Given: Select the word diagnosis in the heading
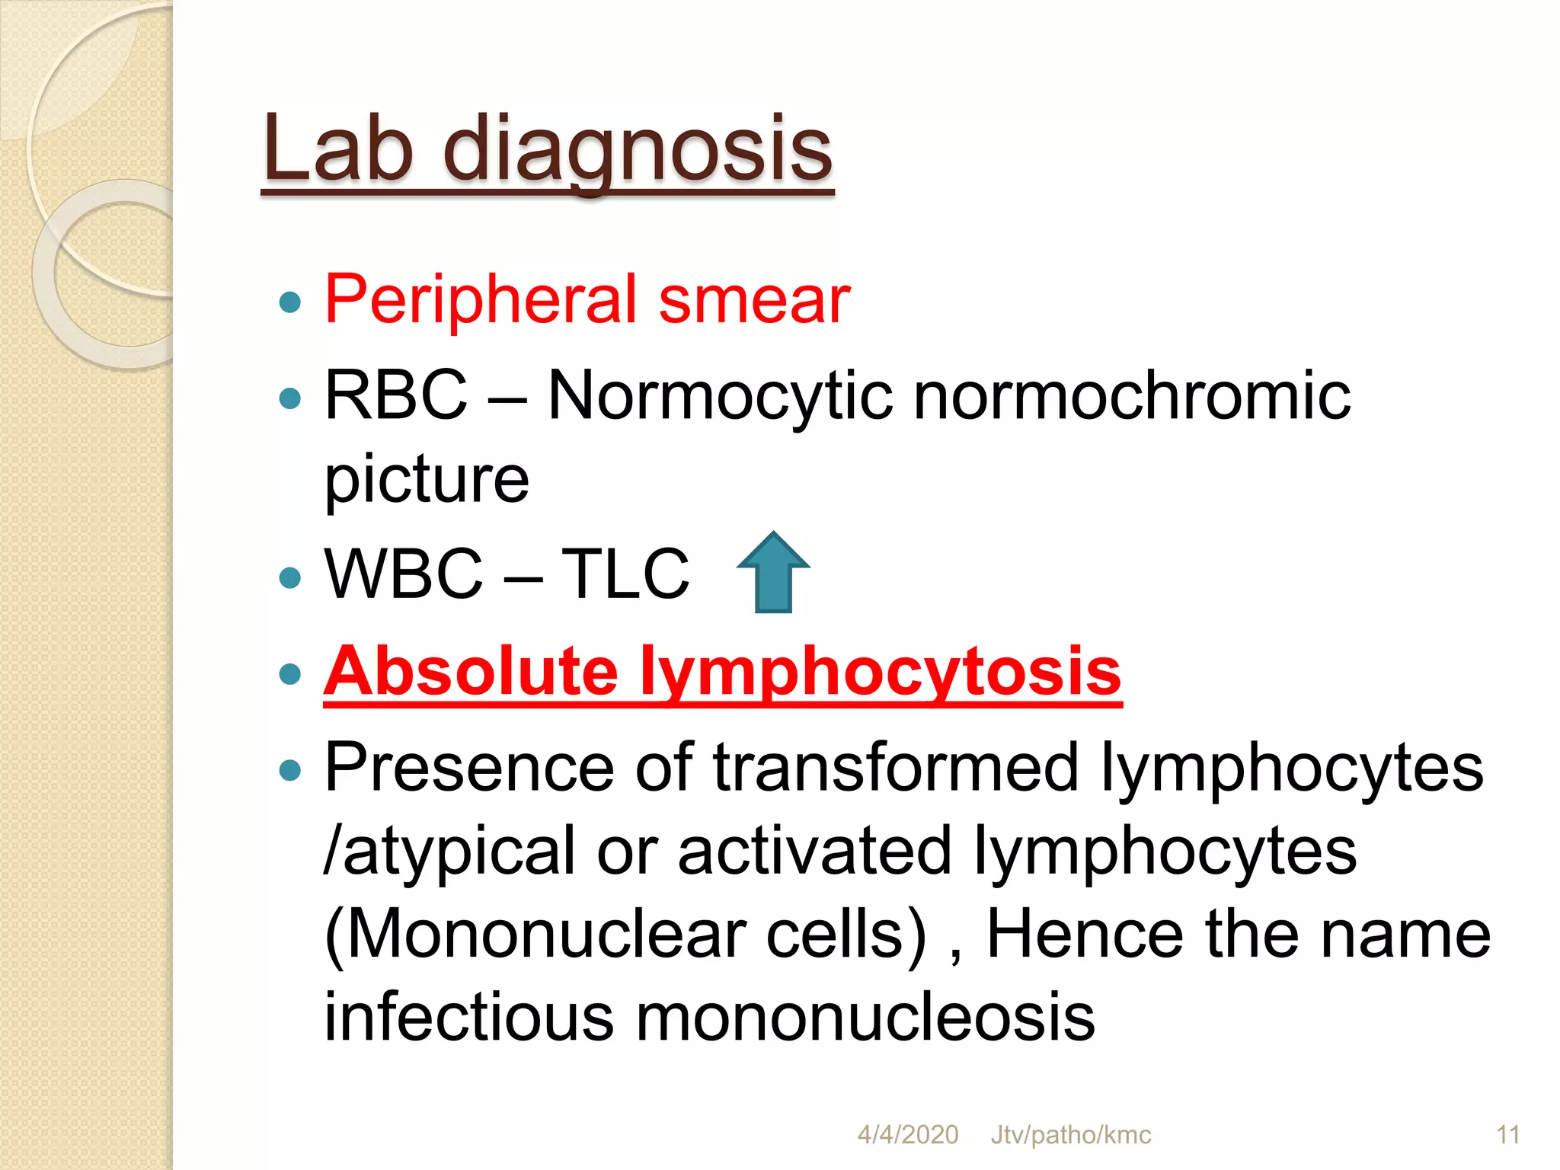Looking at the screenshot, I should click(638, 150).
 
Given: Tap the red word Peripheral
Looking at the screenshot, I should click(481, 299).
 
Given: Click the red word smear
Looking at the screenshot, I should click(753, 299).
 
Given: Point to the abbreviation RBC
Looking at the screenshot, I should click(396, 395).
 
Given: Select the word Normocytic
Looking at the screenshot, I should click(720, 396).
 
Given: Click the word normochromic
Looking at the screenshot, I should click(1132, 396).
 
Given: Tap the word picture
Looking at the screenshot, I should click(427, 480).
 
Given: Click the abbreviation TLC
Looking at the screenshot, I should click(625, 574).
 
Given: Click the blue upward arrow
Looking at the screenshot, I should click(773, 573).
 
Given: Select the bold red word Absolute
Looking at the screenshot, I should click(471, 671).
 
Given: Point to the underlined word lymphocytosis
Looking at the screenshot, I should click(880, 673).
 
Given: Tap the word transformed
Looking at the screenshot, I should click(896, 767).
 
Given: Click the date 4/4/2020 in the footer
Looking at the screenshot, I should click(908, 1135).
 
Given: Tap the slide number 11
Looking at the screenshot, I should click(1507, 1135).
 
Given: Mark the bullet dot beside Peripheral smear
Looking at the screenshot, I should click(290, 303).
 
